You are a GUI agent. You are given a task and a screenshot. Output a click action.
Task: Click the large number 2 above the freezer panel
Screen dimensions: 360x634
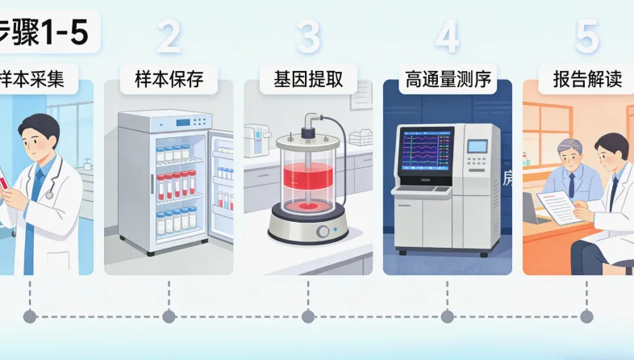(x=168, y=36)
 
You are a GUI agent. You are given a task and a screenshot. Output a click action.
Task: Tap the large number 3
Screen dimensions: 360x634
(x=307, y=36)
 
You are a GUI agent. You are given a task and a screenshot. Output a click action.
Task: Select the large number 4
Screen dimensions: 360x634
(x=447, y=36)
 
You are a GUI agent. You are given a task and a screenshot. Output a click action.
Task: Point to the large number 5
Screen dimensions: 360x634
(x=586, y=36)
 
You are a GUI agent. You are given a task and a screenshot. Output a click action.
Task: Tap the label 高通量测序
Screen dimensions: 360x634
(x=447, y=81)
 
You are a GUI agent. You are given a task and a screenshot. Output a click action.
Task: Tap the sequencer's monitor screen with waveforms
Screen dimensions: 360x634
(x=426, y=152)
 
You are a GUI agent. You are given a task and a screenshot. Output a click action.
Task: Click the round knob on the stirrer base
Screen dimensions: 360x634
(x=323, y=232)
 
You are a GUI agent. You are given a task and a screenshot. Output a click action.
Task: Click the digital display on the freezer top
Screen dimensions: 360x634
(x=183, y=122)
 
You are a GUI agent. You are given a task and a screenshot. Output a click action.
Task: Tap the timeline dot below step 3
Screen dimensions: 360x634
(x=307, y=316)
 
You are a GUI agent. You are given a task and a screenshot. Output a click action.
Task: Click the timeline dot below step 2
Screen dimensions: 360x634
(x=168, y=316)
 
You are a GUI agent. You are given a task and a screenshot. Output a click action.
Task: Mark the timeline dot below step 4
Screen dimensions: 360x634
(x=447, y=316)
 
